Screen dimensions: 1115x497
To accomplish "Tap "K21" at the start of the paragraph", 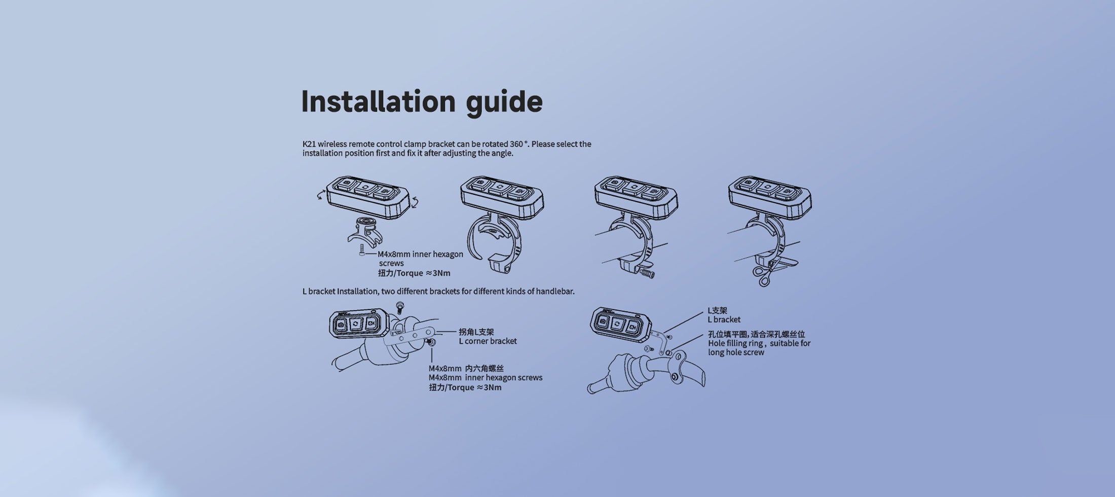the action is pyautogui.click(x=309, y=144).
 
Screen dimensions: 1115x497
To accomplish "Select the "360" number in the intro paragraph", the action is pyautogui.click(x=516, y=144).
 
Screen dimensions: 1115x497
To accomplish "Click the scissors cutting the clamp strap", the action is pyautogui.click(x=764, y=274).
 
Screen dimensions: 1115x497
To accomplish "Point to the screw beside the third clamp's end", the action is pyautogui.click(x=647, y=273).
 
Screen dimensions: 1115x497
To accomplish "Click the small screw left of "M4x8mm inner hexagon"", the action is pyautogui.click(x=361, y=250).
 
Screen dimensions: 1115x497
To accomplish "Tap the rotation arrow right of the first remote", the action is pyautogui.click(x=415, y=202).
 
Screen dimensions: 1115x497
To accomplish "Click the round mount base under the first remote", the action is pyautogui.click(x=364, y=224).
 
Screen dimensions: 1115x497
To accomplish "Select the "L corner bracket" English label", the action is pyautogui.click(x=488, y=341).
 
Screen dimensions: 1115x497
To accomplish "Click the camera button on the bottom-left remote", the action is pyautogui.click(x=341, y=324).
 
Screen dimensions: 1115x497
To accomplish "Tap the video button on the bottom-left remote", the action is pyautogui.click(x=371, y=323).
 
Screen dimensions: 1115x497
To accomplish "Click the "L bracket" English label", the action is pyautogui.click(x=724, y=319).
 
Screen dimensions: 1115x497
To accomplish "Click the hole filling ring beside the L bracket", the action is pyautogui.click(x=668, y=352).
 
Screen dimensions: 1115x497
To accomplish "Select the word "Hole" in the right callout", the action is pyautogui.click(x=716, y=343).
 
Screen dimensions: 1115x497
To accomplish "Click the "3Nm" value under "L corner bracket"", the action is pyautogui.click(x=493, y=387).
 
